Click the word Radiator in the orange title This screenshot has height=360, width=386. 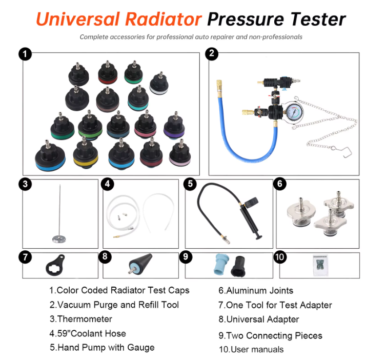[164, 19]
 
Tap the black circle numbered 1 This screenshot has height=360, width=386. [25, 54]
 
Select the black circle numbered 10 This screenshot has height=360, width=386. [280, 257]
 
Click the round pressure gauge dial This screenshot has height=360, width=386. [294, 112]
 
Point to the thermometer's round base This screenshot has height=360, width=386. [59, 239]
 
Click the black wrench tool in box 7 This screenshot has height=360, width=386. [55, 266]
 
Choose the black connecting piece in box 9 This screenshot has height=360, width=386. [238, 267]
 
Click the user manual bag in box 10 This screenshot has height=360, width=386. [320, 266]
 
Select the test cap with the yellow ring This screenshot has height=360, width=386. [86, 153]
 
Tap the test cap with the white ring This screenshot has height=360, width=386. [159, 83]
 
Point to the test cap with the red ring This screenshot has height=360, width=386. [108, 72]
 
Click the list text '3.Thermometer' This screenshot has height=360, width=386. [81, 319]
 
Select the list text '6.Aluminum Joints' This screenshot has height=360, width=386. [256, 291]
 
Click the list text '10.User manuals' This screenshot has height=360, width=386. [251, 349]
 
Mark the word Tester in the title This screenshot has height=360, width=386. [318, 19]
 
